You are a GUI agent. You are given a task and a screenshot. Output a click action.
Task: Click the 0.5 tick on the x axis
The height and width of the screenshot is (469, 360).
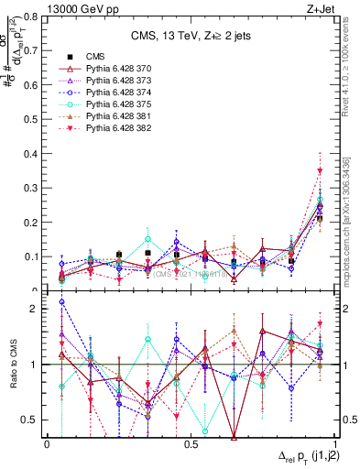coord(191,444)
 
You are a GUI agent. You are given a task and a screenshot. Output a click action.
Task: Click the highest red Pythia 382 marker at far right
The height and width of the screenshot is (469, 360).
coord(320,171)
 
